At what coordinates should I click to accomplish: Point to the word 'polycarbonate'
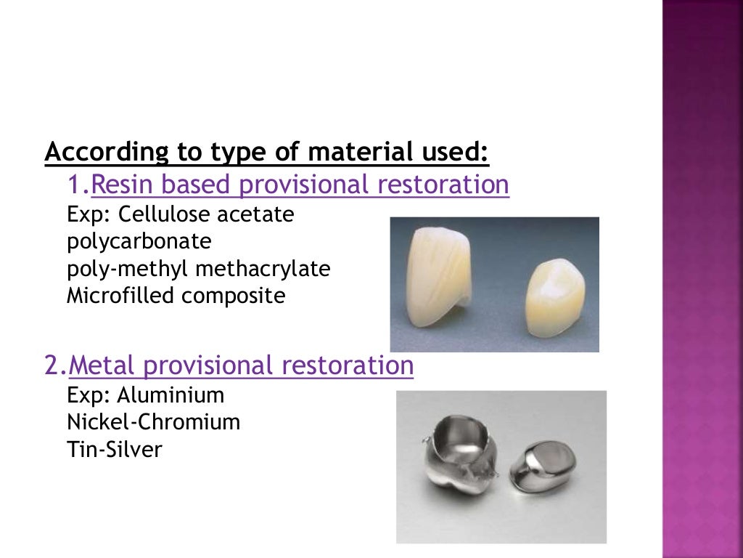[139, 242]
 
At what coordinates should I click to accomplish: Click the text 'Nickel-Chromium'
[153, 422]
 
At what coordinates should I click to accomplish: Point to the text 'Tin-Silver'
[114, 449]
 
